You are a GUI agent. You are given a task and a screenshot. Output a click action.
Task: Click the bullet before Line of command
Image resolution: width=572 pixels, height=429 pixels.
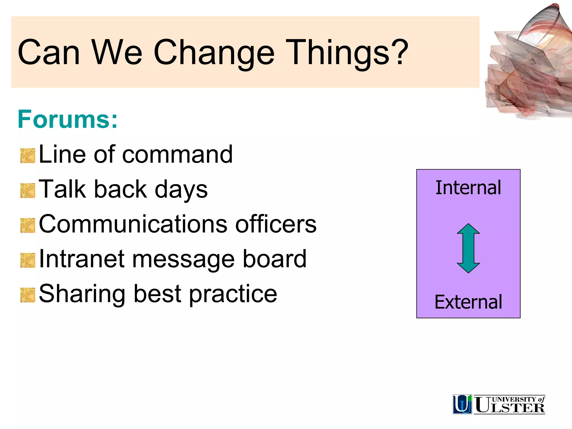tap(28, 156)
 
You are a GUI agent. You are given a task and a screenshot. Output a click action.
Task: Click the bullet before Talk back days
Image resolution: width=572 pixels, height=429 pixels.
tap(28, 191)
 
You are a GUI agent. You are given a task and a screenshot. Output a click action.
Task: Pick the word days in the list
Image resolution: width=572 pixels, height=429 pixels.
tap(181, 190)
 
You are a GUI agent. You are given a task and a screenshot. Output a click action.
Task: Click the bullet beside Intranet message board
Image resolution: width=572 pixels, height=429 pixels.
tap(28, 260)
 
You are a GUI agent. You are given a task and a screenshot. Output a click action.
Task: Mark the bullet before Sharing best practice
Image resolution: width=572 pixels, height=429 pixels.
tap(28, 295)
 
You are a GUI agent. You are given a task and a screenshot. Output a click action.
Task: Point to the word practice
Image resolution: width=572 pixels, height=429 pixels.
tap(233, 294)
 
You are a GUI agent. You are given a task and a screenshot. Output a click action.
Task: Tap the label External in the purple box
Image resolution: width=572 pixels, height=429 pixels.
tap(468, 302)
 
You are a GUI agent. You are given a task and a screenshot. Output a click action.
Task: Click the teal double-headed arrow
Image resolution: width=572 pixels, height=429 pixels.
tap(468, 248)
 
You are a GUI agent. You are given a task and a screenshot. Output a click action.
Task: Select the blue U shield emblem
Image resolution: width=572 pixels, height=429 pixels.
tap(462, 404)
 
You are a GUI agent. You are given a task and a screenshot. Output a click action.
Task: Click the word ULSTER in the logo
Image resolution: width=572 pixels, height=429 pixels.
tap(510, 407)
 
